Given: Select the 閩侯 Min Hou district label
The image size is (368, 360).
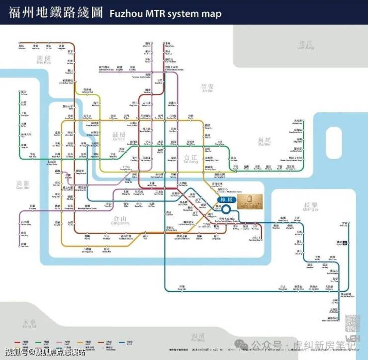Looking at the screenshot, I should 44,60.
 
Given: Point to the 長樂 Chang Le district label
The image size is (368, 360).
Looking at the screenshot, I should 310,207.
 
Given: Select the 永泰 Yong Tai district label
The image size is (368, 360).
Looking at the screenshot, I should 29,324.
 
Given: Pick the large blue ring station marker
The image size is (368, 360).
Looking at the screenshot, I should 227,211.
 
